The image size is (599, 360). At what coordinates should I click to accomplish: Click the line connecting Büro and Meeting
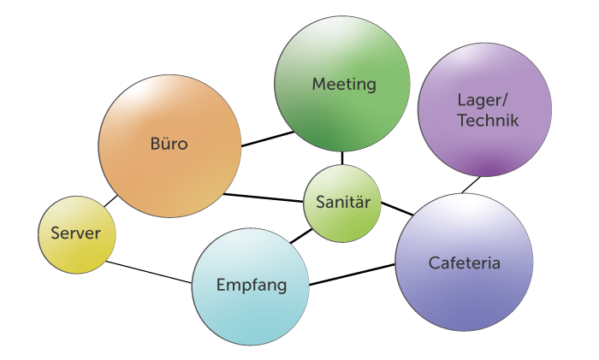267,139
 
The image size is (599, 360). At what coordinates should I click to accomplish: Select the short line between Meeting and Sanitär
342,157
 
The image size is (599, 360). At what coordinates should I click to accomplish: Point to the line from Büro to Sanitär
264,198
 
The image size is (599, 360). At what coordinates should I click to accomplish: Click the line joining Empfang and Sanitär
300,233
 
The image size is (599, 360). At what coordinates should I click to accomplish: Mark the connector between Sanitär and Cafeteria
396,209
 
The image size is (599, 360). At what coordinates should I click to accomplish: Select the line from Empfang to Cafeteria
352,274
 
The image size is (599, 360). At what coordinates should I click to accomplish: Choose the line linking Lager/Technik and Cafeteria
470,185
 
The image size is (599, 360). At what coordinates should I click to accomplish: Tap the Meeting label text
344,84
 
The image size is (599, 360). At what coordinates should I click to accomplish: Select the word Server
75,233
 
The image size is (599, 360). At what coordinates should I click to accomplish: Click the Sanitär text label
343,203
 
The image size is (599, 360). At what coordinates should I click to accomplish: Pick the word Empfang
251,285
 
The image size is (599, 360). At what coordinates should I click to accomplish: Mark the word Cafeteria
465,263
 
